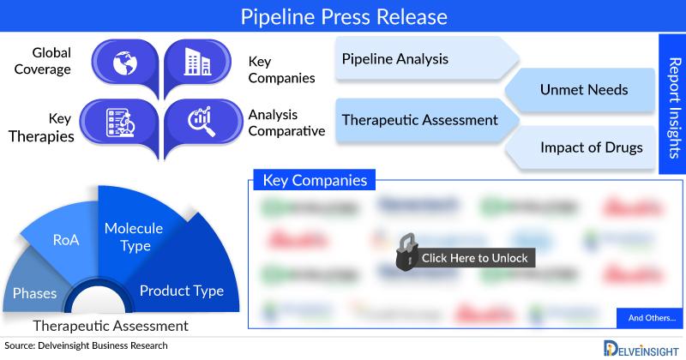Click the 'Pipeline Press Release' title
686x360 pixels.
pyautogui.click(x=343, y=16)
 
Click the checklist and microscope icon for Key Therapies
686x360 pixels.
pyautogui.click(x=123, y=122)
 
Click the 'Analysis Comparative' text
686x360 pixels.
pyautogui.click(x=286, y=123)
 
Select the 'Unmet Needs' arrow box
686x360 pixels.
pyautogui.click(x=583, y=89)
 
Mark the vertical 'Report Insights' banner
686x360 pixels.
pyautogui.click(x=673, y=103)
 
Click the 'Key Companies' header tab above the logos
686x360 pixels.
pyautogui.click(x=315, y=181)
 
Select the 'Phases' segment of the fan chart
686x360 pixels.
pyautogui.click(x=34, y=293)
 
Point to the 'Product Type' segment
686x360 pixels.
pyautogui.click(x=182, y=290)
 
